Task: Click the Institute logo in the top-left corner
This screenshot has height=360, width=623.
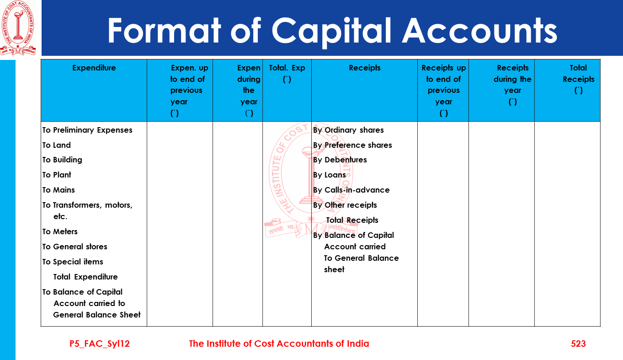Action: pos(17,28)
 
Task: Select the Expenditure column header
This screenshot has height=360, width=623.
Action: pos(94,68)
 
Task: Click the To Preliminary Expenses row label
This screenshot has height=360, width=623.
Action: pos(87,130)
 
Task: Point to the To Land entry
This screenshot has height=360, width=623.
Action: pos(57,145)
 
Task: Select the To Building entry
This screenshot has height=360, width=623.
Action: pos(62,160)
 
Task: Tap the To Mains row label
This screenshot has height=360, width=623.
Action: pos(59,190)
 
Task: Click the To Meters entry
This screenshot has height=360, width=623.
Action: pos(60,231)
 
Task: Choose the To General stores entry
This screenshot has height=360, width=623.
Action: pos(75,247)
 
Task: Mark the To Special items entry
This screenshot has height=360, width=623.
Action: pos(73,262)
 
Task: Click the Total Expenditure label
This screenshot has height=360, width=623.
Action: pos(85,277)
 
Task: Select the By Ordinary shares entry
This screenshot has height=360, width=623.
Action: pos(348,130)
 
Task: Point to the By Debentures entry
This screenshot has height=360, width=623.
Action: pos(340,160)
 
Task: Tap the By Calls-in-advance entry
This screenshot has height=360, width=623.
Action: pos(351,190)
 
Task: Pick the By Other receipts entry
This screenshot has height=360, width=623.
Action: pos(345,205)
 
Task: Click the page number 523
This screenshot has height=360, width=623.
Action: pos(578,344)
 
